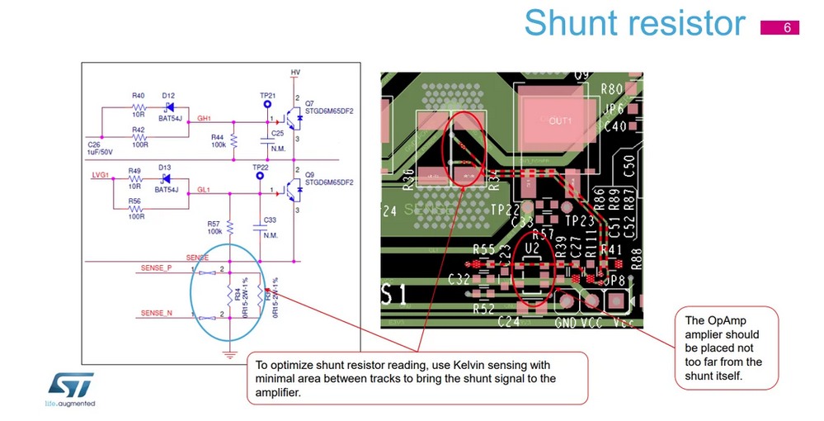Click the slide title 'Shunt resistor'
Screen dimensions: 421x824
(x=634, y=22)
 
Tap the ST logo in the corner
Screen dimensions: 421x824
(x=70, y=386)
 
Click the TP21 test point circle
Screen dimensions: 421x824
(x=266, y=105)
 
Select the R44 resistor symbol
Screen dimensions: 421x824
(x=233, y=140)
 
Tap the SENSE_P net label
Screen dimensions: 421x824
(x=157, y=268)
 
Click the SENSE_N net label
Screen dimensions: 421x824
(x=157, y=314)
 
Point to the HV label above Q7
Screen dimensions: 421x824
(x=295, y=73)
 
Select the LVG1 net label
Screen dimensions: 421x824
(x=100, y=175)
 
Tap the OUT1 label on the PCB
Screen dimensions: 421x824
(x=561, y=121)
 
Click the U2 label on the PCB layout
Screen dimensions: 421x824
(x=533, y=247)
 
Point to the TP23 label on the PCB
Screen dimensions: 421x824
(x=580, y=221)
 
